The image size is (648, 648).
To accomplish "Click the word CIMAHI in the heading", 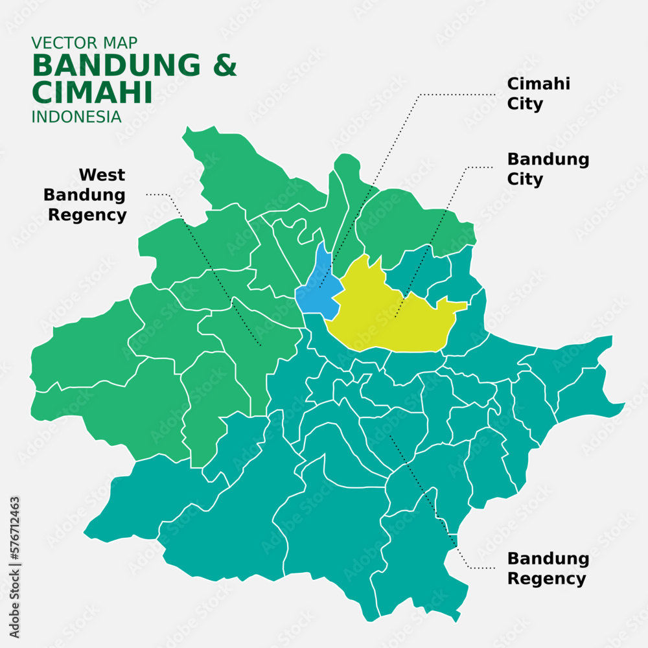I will [91, 93].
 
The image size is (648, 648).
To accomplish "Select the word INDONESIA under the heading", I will [76, 117].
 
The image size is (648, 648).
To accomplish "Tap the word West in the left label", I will [102, 175].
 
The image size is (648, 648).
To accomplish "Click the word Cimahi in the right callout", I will [538, 84].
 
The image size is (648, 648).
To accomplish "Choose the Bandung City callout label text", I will [548, 169].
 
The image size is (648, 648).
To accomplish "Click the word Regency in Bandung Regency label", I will [546, 579].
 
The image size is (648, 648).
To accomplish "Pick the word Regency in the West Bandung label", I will [87, 215].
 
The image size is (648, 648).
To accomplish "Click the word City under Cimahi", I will [525, 104].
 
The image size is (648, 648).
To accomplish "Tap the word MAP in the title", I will [121, 43].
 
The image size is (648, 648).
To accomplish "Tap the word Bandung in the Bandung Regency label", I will [548, 559].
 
